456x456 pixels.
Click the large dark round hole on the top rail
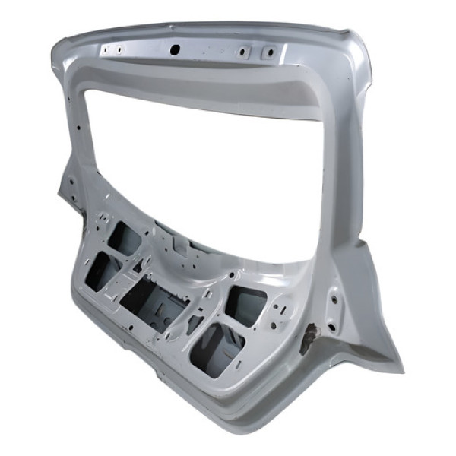point(174,48)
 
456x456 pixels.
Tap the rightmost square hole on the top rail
point(268,52)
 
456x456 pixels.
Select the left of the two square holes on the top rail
point(242,52)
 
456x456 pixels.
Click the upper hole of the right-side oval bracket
point(332,299)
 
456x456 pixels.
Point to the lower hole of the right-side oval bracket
point(331,327)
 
